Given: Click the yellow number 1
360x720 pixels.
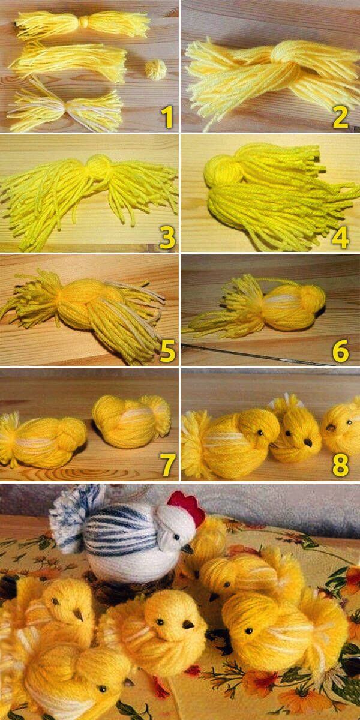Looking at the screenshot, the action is [167, 118].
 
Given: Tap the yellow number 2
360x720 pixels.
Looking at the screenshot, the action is [340, 118].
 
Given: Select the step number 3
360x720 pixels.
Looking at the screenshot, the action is [167, 237].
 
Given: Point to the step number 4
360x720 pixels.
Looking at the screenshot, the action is [340, 237].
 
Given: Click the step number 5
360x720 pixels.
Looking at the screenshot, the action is [167, 350].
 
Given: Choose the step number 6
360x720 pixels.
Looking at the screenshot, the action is [340, 350].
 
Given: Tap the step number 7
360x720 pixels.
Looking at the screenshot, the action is [168, 464].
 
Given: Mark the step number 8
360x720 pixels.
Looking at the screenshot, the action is [340, 464].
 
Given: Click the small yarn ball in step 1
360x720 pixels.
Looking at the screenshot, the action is [155, 70].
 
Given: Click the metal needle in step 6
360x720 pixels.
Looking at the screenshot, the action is [257, 354].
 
